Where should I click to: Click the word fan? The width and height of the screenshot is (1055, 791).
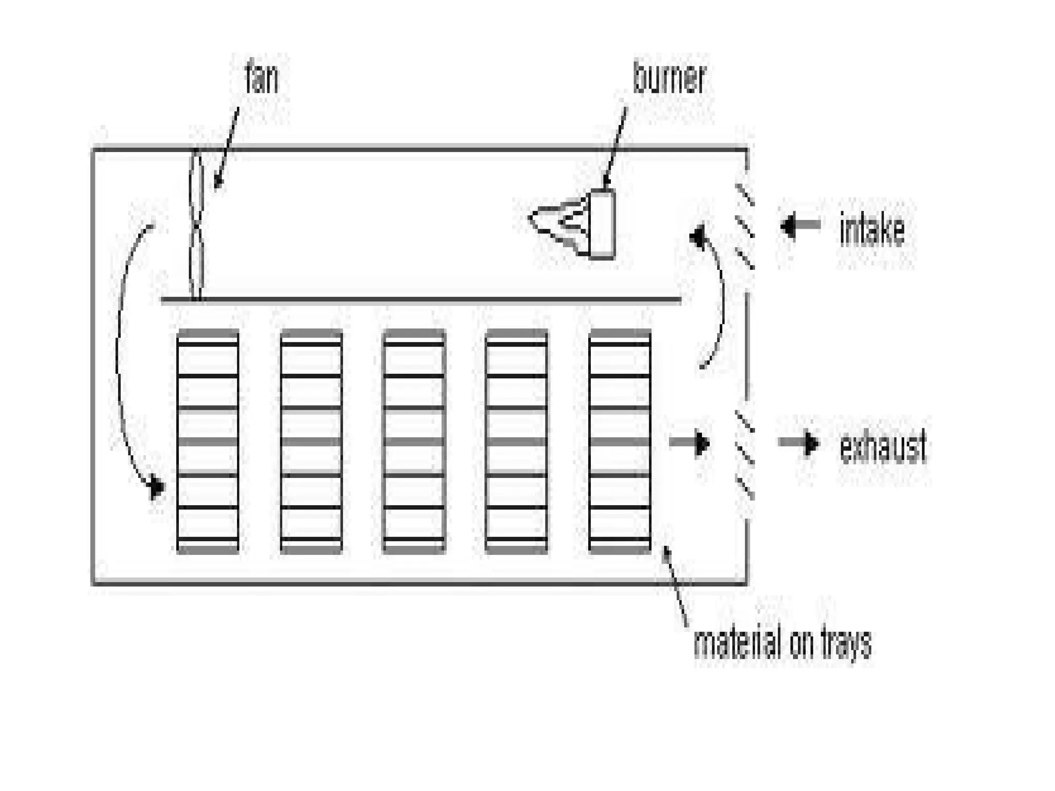coord(262,77)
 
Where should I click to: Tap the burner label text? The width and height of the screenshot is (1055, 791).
coord(669,78)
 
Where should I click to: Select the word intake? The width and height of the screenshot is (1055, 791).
coord(872,230)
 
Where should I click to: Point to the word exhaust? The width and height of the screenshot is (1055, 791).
coord(883,446)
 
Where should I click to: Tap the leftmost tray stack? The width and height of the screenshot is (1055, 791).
coord(208,441)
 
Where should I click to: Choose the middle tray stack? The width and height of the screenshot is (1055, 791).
coord(414,441)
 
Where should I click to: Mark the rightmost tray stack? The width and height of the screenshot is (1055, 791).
coord(620,441)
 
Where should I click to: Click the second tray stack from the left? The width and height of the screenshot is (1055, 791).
coord(311,441)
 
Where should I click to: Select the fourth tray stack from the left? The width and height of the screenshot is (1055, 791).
coord(516,441)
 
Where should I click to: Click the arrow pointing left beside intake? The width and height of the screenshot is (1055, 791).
coord(799,226)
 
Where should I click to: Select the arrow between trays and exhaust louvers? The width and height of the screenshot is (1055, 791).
coord(690,443)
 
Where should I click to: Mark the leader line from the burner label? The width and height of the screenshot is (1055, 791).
coord(616,146)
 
